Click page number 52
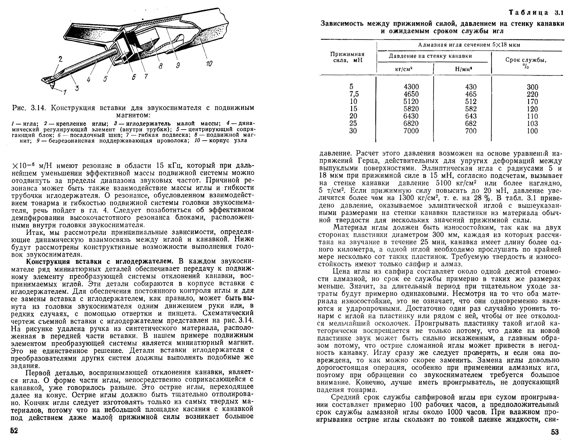pos(14,431)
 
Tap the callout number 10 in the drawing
pos(209,63)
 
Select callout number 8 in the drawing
pos(160,66)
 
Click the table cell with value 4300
pos(411,87)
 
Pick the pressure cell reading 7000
pos(411,131)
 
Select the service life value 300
pos(532,87)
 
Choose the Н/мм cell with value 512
pos(471,102)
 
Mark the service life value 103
pos(532,124)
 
